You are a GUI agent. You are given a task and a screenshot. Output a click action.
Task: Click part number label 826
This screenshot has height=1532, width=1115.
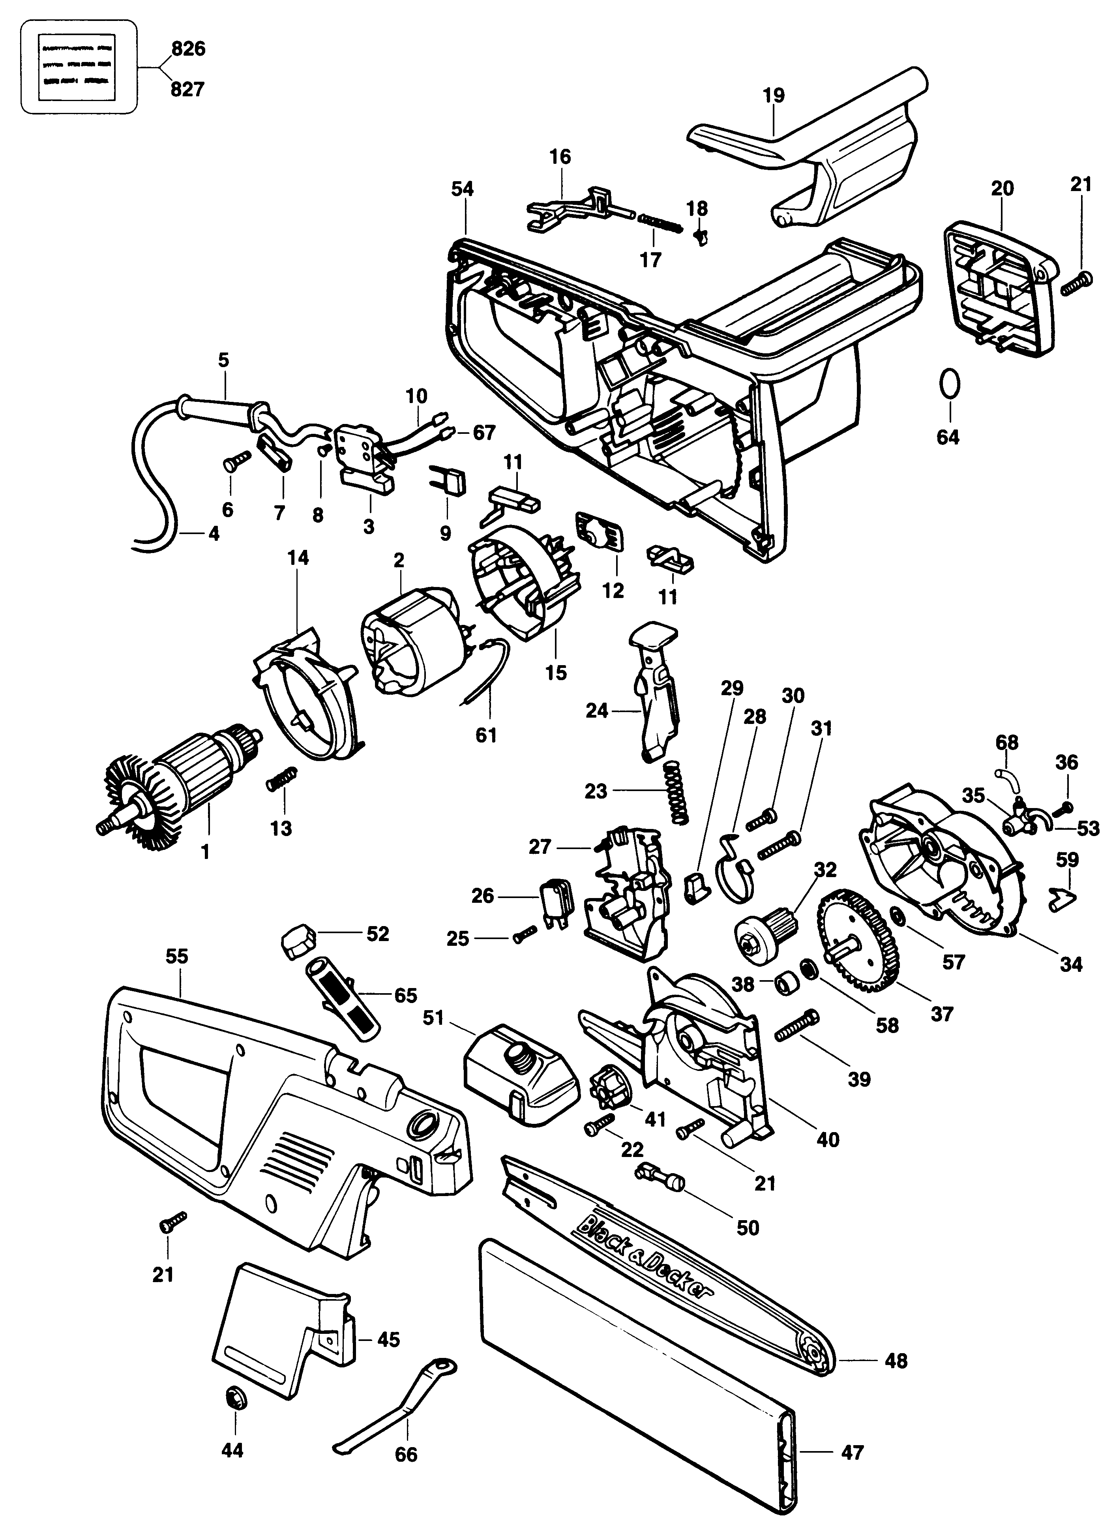[188, 49]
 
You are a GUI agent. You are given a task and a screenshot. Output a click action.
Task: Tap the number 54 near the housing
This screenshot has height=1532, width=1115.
[463, 188]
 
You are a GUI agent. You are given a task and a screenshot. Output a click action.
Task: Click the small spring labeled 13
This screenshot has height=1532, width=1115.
[282, 779]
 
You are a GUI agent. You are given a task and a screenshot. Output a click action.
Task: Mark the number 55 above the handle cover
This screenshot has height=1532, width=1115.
[177, 957]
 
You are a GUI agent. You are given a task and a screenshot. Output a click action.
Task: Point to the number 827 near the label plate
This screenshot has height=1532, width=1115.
[188, 88]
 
